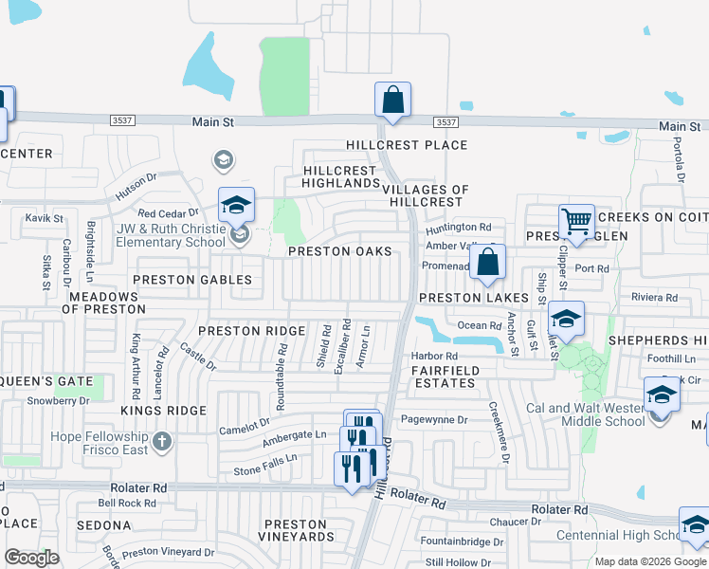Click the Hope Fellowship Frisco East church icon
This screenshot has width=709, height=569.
(x=162, y=441)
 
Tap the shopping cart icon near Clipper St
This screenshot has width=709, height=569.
(x=575, y=221)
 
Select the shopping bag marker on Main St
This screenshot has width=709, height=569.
(x=392, y=99)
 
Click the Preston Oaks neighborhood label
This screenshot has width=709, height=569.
(x=339, y=251)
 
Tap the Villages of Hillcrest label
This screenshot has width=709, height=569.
(x=426, y=195)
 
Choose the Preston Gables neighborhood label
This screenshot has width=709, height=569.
(x=192, y=280)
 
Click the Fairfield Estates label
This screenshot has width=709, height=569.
(x=445, y=376)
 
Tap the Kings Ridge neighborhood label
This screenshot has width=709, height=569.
(x=163, y=410)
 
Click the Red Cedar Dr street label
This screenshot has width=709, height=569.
(x=170, y=214)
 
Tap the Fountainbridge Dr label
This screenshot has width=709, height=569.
(x=463, y=541)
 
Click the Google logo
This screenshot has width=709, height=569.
(x=31, y=558)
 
